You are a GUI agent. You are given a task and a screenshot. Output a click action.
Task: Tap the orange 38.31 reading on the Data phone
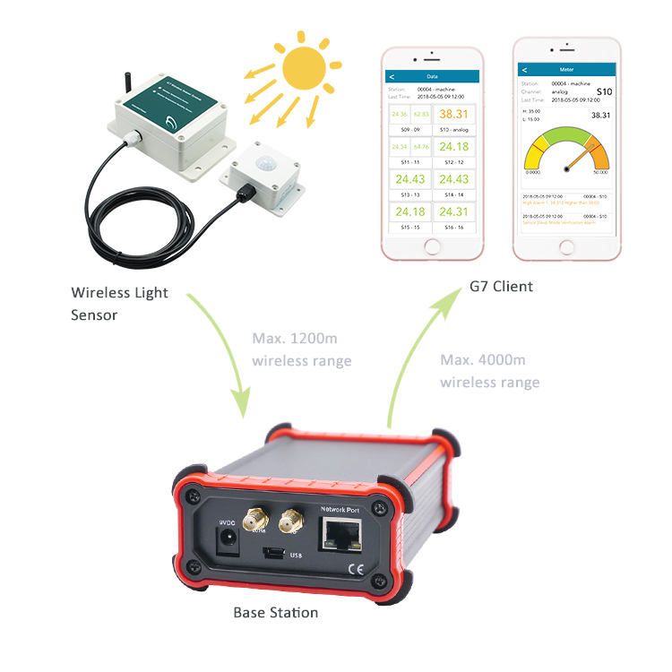(455, 113)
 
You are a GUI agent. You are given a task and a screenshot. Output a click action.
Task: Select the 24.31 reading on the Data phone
(455, 211)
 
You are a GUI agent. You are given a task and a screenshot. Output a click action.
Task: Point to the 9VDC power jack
(228, 538)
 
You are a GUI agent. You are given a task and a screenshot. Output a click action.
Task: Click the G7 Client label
(501, 287)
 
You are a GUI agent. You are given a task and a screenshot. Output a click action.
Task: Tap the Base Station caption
(275, 613)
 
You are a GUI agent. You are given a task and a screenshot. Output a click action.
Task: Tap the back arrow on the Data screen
(392, 77)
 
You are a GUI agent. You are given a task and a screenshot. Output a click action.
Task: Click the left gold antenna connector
(256, 519)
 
